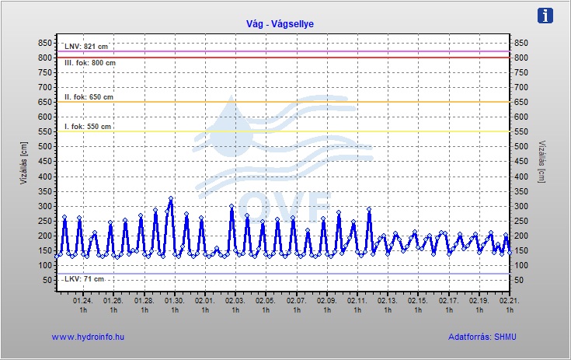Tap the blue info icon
click(546, 16)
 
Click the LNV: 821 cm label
click(85, 47)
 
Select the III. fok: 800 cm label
click(90, 63)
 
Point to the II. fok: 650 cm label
click(89, 97)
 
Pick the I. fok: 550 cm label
click(88, 127)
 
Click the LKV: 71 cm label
click(84, 278)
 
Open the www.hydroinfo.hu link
click(88, 337)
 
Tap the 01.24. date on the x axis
click(82, 300)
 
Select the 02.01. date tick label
click(204, 300)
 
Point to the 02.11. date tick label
click(357, 300)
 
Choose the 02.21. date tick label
click(509, 300)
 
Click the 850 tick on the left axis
click(44, 44)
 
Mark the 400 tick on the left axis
click(44, 177)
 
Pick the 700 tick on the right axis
click(521, 88)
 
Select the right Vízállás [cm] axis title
click(541, 162)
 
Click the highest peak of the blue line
click(171, 199)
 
